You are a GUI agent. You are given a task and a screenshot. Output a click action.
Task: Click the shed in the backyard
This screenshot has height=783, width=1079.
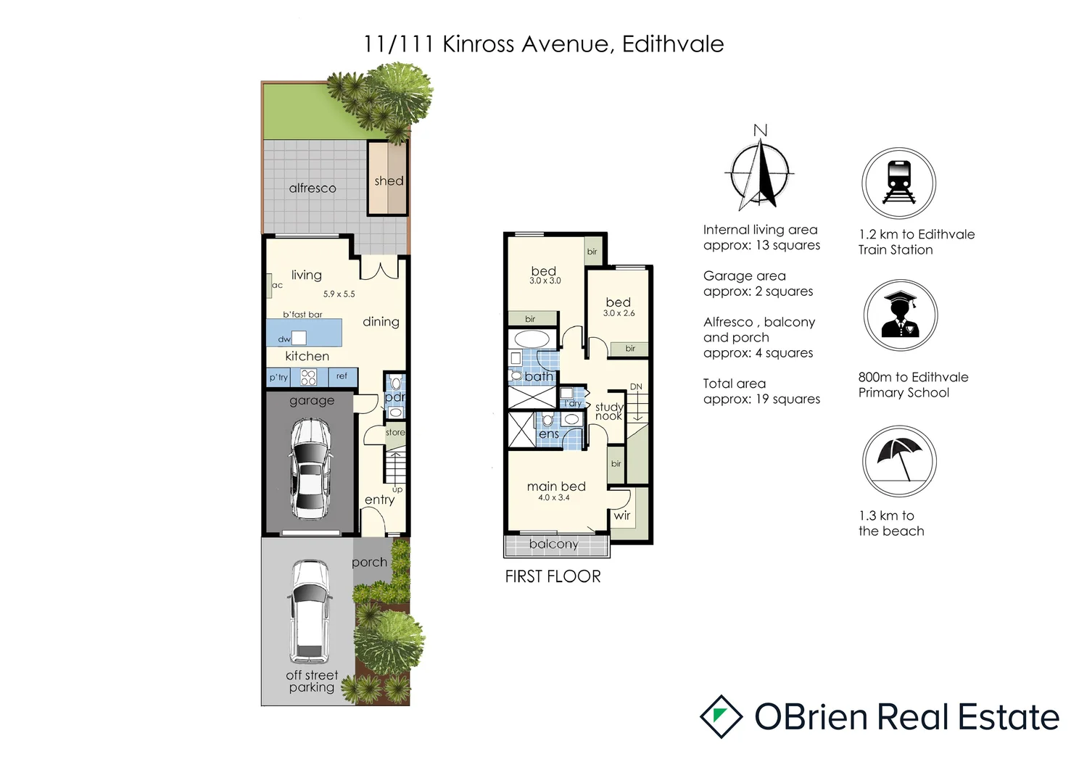[388, 179]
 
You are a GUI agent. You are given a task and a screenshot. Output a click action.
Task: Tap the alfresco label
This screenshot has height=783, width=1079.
[313, 188]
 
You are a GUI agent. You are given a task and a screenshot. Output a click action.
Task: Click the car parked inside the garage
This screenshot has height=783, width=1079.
[310, 469]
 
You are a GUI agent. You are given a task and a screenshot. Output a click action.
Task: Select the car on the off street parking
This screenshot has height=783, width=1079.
[310, 610]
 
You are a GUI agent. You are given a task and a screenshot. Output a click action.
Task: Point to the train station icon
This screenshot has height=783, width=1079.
[898, 183]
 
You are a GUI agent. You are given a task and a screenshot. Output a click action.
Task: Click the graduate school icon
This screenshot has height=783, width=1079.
[900, 315]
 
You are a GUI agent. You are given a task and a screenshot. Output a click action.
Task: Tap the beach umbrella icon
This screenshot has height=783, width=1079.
[899, 461]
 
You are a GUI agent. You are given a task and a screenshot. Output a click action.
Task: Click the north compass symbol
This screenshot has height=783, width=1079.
[760, 172]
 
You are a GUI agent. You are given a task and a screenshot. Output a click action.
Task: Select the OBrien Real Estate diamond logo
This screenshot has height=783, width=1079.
[721, 716]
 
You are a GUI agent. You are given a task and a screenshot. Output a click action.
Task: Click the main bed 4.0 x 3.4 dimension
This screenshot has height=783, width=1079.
[554, 498]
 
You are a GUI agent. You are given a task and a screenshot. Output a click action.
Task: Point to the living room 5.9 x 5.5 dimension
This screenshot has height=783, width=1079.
[339, 294]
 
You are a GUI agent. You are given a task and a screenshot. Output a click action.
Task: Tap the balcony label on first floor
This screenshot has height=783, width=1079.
[554, 544]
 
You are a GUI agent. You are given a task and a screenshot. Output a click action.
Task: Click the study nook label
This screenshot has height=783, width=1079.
[609, 411]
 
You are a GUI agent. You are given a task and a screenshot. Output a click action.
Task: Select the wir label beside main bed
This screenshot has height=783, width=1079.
[621, 515]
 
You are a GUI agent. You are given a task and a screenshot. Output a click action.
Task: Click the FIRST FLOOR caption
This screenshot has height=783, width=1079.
[553, 576]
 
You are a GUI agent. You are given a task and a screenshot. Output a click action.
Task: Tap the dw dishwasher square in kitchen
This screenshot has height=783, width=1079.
[299, 338]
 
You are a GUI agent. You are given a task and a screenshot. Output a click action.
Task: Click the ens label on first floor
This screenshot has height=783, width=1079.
[548, 434]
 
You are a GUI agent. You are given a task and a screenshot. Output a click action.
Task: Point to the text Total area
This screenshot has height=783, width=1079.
[734, 384]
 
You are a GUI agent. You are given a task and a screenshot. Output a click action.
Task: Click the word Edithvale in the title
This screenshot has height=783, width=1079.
[672, 44]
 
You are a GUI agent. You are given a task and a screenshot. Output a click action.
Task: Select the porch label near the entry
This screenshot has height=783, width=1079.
[369, 562]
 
